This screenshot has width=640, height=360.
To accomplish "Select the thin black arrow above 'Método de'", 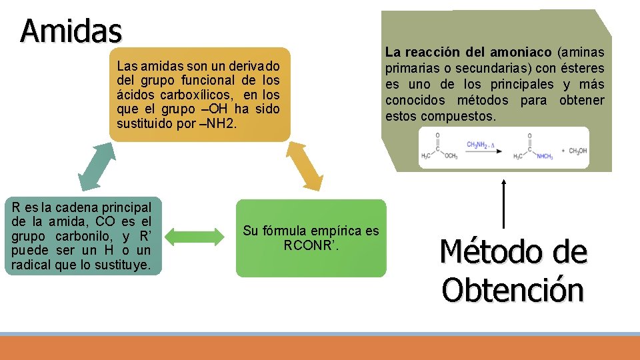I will coord(503,204).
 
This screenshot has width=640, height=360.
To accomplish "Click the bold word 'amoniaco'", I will coord(521,52).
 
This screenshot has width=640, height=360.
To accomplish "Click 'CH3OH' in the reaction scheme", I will coord(577,151).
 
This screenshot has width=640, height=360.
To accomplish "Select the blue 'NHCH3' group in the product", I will coord(543,157).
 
